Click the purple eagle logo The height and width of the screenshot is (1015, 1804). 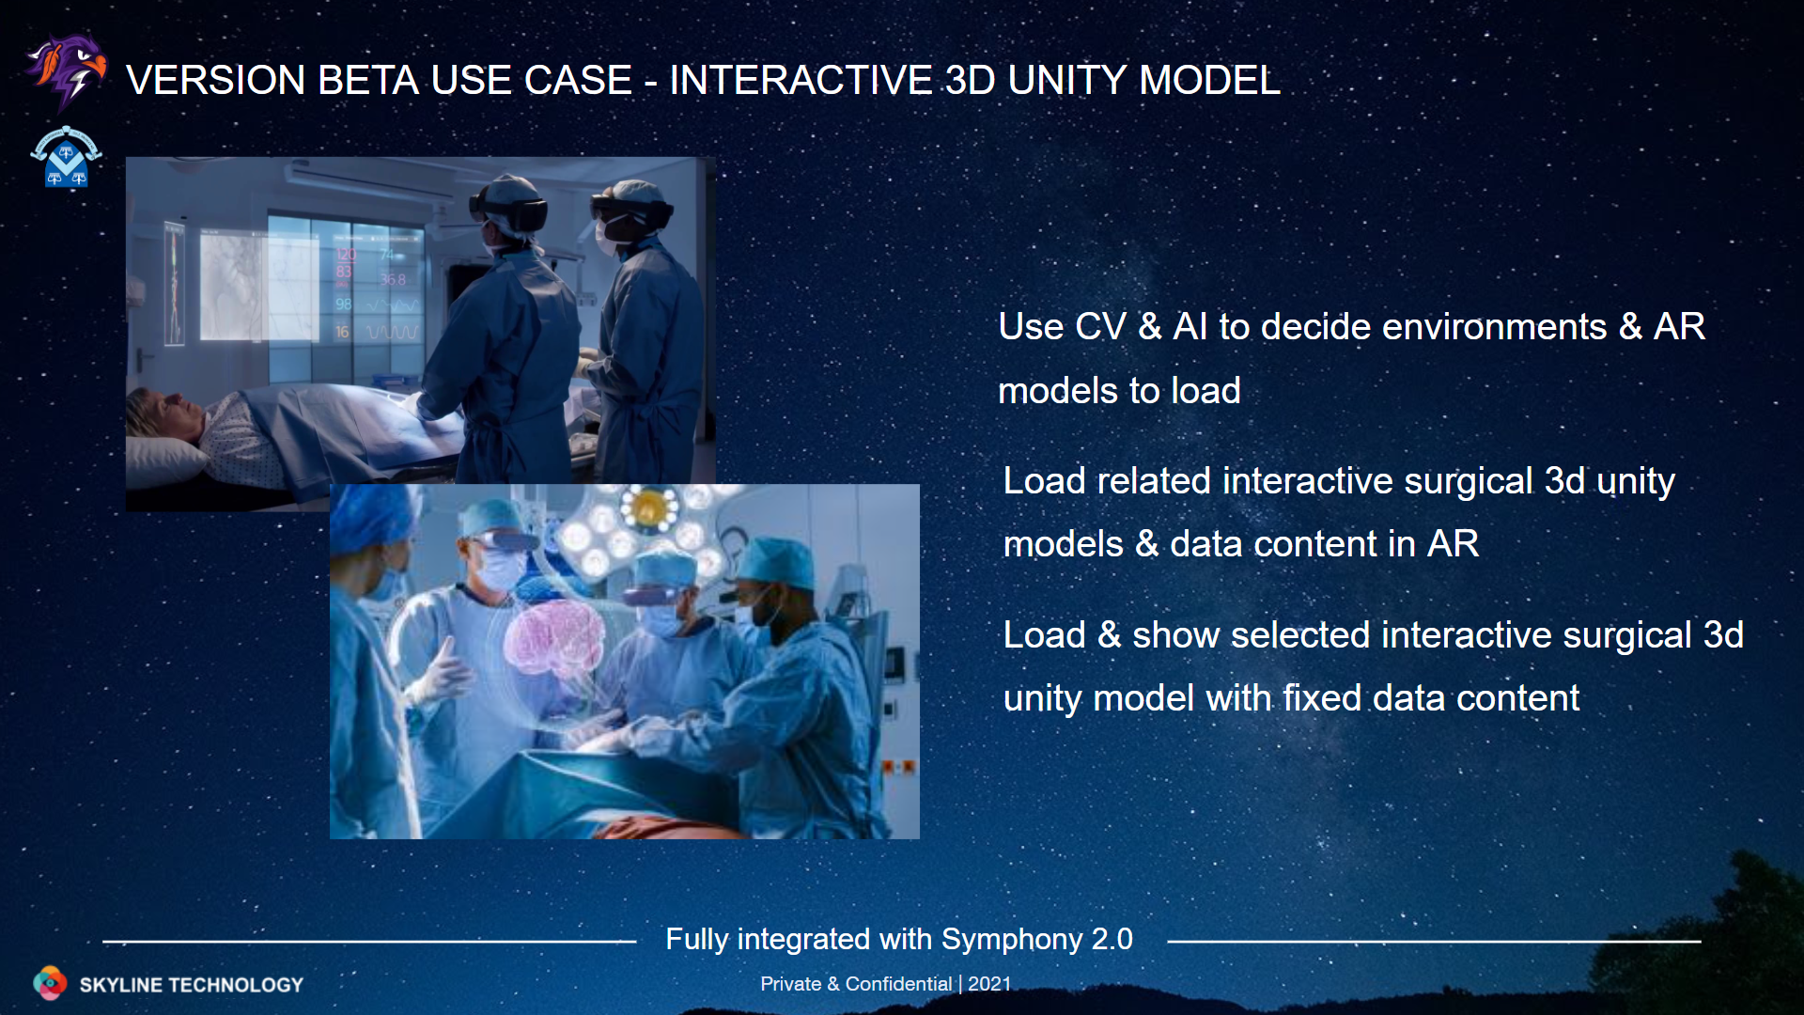coord(66,71)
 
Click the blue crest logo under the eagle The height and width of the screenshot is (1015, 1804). coord(66,157)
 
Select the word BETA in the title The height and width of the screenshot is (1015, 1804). coord(367,80)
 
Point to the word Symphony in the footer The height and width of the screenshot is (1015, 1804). coord(1012,940)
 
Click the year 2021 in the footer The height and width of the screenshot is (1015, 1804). coord(989,983)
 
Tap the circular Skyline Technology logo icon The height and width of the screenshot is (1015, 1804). coord(50,983)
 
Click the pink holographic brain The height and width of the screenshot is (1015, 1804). coord(554,639)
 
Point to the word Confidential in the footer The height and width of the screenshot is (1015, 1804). coord(898,983)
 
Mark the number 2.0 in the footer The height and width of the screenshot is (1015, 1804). coord(1112,940)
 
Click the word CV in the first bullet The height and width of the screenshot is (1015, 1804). coord(1100,327)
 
